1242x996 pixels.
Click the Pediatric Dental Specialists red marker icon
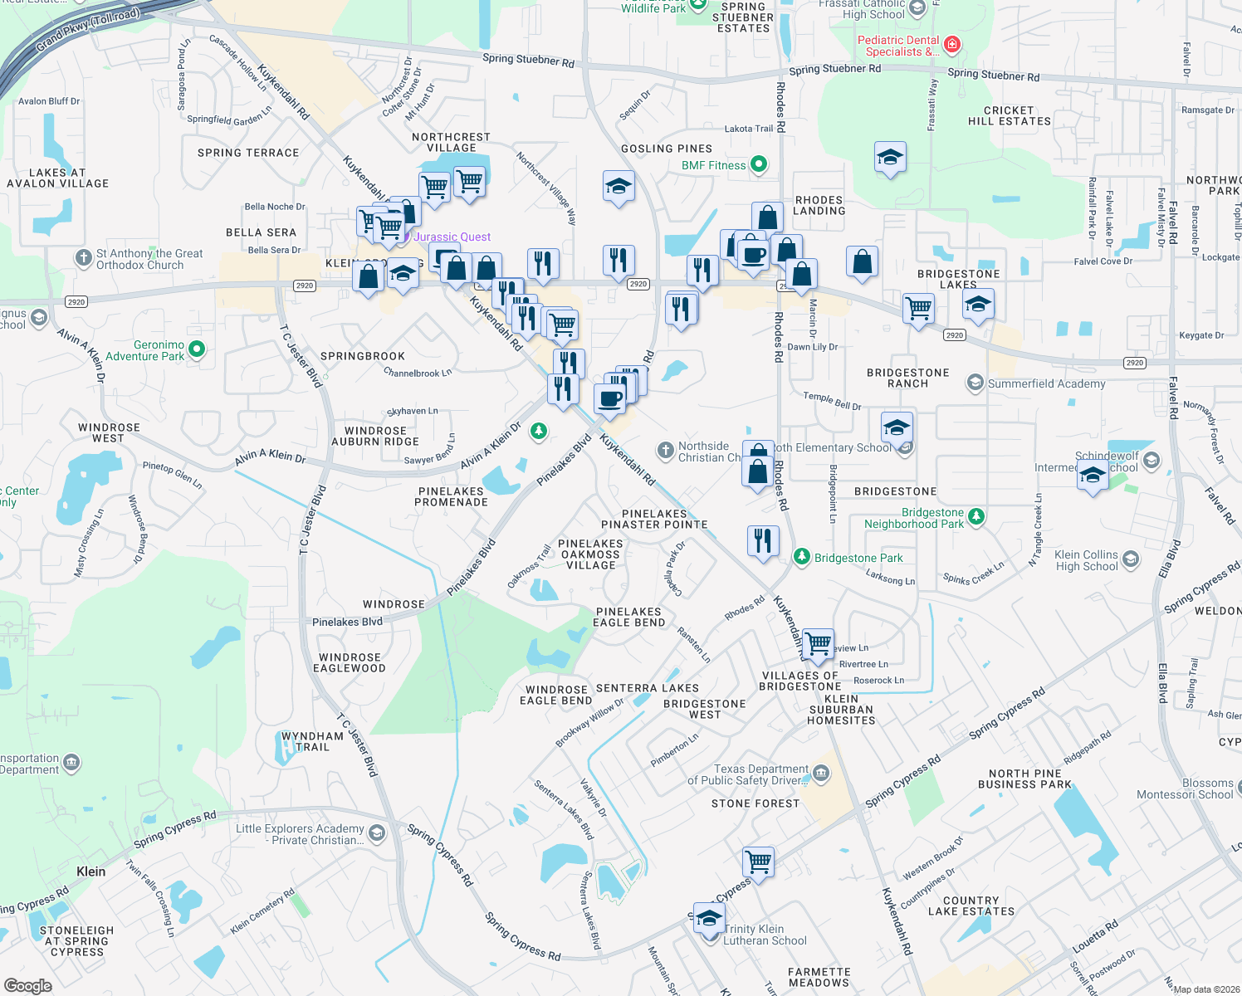[952, 44]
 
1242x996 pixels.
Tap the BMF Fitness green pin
[759, 164]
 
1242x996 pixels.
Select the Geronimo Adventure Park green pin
[197, 349]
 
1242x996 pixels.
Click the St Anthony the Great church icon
[83, 258]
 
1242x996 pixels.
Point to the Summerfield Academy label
[1046, 383]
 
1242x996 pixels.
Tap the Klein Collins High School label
[1086, 560]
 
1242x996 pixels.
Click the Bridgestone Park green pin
[801, 556]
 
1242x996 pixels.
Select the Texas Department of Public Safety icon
[821, 774]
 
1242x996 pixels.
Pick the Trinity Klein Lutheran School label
[765, 935]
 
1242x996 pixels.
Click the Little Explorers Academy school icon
[377, 832]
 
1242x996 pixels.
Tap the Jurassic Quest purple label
[452, 237]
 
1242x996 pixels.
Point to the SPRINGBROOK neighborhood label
[363, 356]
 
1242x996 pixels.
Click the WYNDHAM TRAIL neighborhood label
[312, 741]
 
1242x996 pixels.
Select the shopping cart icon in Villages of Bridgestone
[819, 643]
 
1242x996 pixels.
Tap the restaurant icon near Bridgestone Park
[763, 541]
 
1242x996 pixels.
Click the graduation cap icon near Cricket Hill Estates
[890, 157]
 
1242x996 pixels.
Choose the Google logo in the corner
[28, 985]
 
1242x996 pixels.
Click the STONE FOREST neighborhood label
[755, 803]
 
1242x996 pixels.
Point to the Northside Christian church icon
[665, 451]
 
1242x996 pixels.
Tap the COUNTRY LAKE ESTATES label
[971, 906]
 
